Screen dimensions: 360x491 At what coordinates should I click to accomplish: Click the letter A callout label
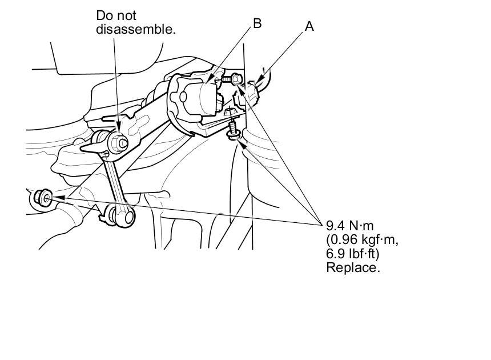tap(309, 26)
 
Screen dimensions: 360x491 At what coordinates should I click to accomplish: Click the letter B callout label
tap(257, 23)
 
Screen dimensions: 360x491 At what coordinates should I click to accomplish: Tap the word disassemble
tap(135, 29)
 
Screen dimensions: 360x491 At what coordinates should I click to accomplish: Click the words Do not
tap(116, 16)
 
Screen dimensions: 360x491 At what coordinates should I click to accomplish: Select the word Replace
tap(353, 267)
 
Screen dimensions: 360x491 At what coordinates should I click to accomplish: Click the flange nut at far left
tap(42, 197)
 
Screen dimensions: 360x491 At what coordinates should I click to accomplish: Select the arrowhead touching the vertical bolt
tap(242, 139)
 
